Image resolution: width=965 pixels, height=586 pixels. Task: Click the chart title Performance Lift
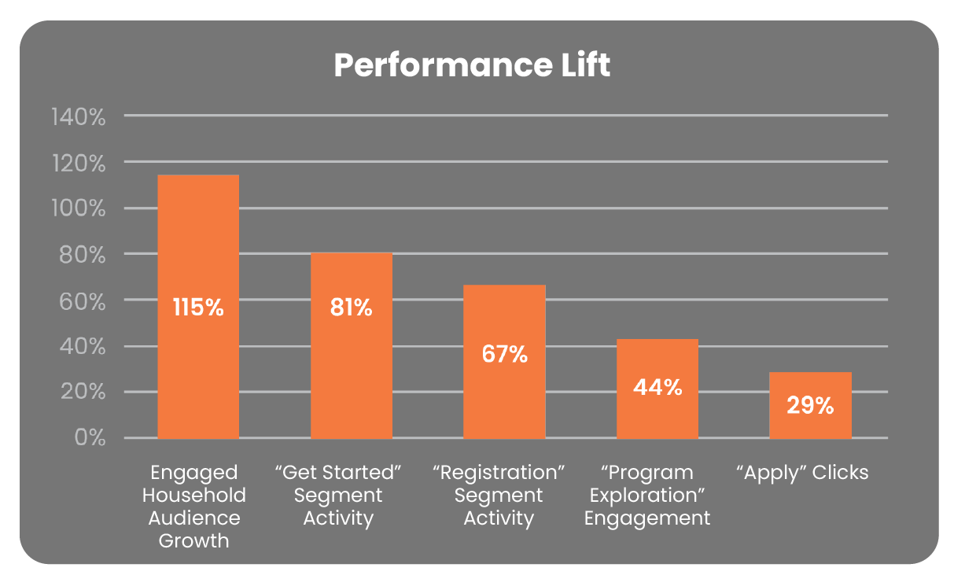point(472,65)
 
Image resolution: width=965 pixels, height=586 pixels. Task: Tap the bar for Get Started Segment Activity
point(351,370)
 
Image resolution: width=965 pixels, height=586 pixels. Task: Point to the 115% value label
point(198,307)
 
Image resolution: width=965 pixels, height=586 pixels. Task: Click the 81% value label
point(351,307)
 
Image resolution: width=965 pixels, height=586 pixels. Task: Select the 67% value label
point(504,354)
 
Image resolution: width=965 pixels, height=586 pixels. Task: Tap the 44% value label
point(657,387)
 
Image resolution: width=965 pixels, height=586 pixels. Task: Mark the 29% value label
point(810,406)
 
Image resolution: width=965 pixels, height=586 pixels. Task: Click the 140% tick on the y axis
point(78,117)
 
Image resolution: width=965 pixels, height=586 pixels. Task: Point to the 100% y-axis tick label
point(78,209)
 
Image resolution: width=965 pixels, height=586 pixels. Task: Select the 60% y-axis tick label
point(81,301)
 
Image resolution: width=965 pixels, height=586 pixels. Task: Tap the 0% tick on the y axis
point(90,438)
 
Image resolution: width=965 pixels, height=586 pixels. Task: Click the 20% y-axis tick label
point(81,393)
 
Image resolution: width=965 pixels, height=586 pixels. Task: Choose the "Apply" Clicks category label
point(802,473)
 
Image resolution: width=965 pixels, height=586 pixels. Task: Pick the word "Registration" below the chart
point(499,473)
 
